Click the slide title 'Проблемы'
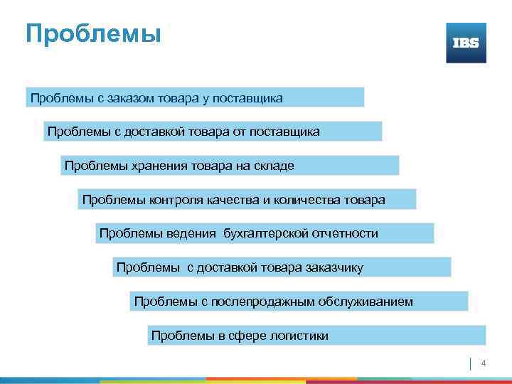(93, 33)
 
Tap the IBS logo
(466, 43)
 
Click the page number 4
(484, 364)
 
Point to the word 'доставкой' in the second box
(129, 132)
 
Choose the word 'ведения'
(191, 233)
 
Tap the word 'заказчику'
(334, 267)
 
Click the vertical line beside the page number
(471, 363)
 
